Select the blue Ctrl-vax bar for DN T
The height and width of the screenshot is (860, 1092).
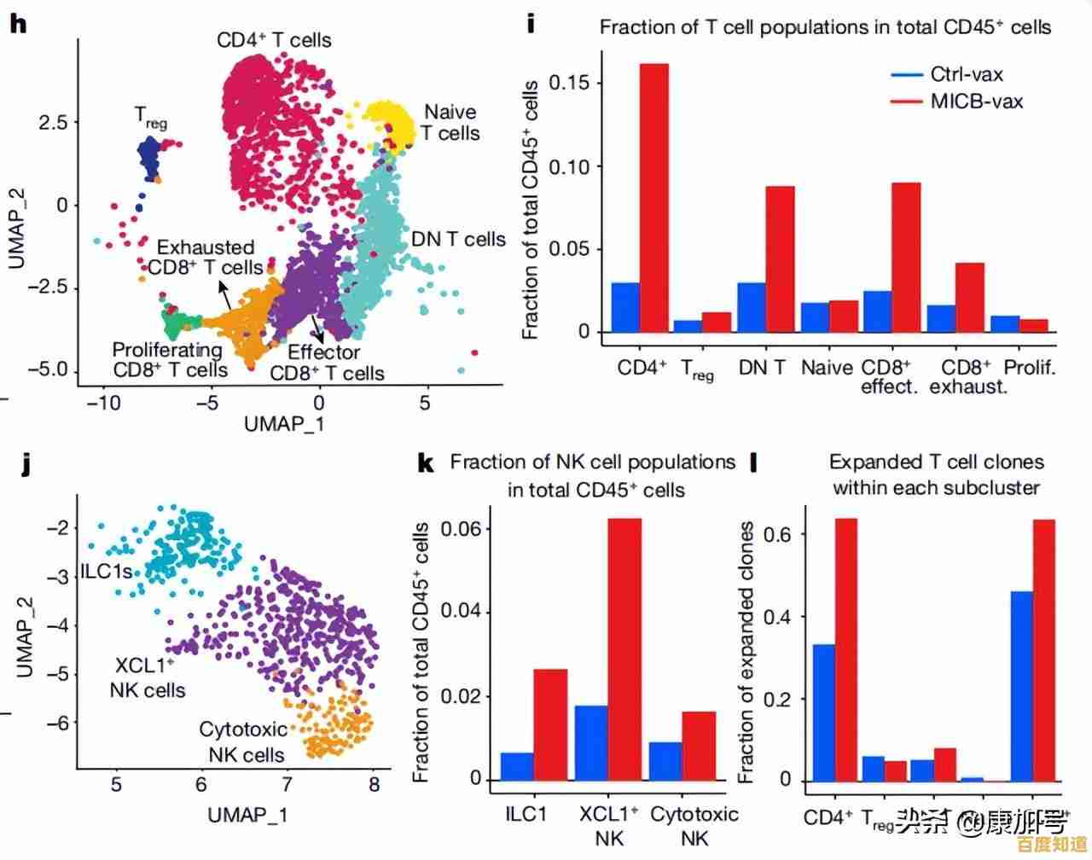[x=751, y=307]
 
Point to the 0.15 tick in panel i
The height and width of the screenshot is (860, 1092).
[x=569, y=83]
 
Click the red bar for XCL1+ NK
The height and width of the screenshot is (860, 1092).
[x=624, y=649]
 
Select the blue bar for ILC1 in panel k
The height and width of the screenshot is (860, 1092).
[x=517, y=766]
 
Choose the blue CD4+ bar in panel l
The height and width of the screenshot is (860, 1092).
[x=824, y=712]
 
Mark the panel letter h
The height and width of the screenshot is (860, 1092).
[x=18, y=23]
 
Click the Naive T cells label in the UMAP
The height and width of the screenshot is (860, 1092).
[x=450, y=122]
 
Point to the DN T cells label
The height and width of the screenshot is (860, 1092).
[x=458, y=240]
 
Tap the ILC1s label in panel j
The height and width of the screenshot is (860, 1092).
[x=107, y=571]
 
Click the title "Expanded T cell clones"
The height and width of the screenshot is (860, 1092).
[x=936, y=462]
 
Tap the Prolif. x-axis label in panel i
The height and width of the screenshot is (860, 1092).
[x=1030, y=368]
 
